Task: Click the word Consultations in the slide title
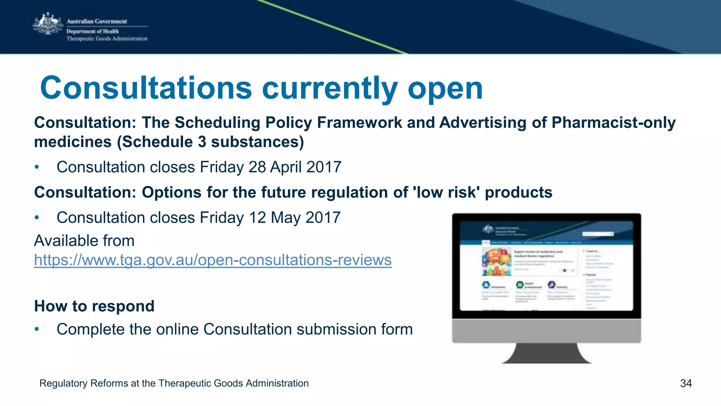(146, 88)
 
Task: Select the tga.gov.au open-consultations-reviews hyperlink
(213, 260)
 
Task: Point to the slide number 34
(686, 383)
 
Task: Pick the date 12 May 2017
(295, 217)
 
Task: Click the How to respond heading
(94, 306)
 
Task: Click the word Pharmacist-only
(613, 123)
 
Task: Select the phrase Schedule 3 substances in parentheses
(211, 142)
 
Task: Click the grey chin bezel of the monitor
(546, 331)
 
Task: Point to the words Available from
(84, 241)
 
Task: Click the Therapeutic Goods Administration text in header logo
(107, 39)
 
